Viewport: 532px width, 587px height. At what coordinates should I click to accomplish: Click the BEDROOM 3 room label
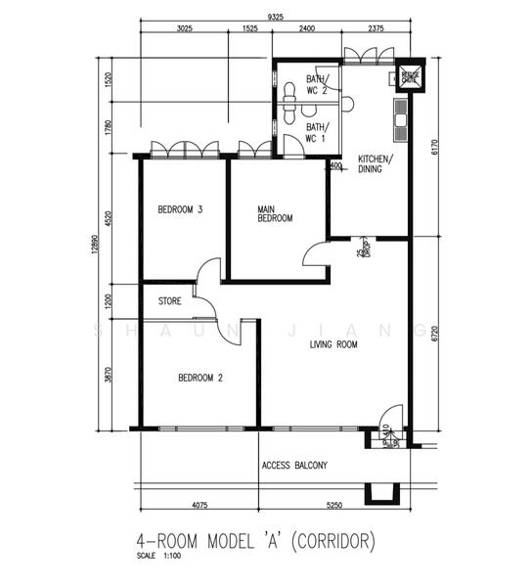[x=180, y=209]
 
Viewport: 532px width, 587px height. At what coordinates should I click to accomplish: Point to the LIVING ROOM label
[x=333, y=344]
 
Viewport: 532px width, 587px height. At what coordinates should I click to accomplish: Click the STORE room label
[x=169, y=301]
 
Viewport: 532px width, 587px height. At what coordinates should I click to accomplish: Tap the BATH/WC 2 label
[x=317, y=83]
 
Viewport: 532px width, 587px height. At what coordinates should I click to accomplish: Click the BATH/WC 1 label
[x=317, y=132]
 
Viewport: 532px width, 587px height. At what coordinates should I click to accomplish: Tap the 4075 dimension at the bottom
[x=199, y=506]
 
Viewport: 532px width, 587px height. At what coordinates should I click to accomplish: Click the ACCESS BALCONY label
[x=294, y=465]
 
